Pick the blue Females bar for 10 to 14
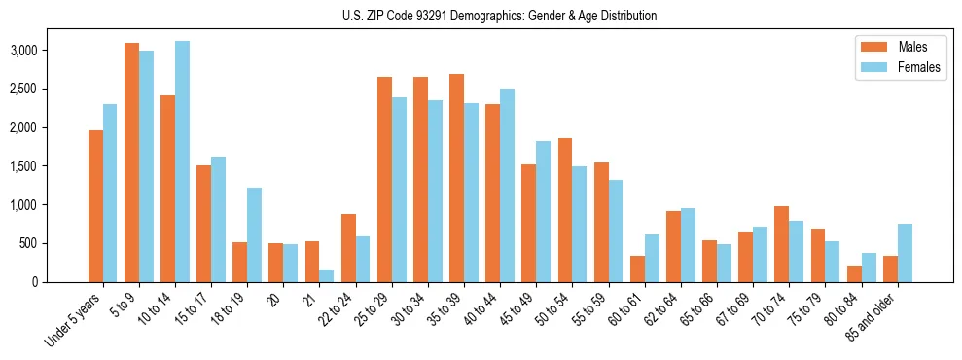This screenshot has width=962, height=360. (182, 162)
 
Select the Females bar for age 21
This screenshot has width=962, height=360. (326, 275)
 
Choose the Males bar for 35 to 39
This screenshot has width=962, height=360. (456, 178)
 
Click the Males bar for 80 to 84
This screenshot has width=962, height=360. (854, 273)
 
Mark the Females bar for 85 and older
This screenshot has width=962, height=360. (905, 253)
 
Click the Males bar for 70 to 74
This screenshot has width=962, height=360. (782, 244)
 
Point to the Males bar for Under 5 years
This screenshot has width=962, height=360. (95, 206)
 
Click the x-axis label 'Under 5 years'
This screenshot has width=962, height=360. (73, 320)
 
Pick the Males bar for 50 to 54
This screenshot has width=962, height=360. (565, 210)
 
